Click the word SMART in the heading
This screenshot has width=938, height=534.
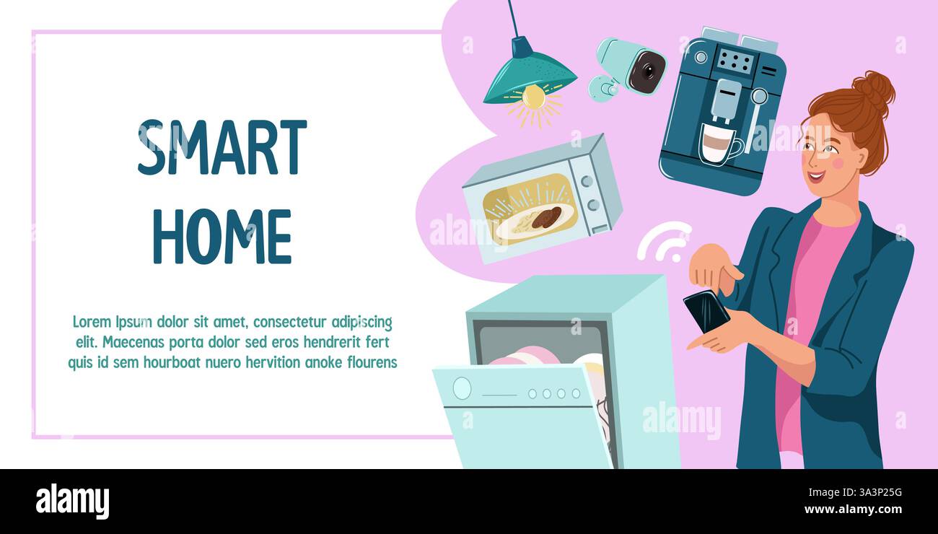(x=222, y=148)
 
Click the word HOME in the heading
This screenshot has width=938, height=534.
(x=222, y=237)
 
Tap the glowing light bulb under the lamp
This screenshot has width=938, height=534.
(x=533, y=97)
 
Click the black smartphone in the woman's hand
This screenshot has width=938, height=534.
(x=706, y=311)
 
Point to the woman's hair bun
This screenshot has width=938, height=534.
(x=876, y=89)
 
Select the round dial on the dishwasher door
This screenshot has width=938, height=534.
(x=462, y=388)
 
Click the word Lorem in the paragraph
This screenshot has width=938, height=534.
(x=92, y=322)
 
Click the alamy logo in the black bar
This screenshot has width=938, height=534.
(x=72, y=502)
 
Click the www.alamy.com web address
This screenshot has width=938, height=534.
(x=853, y=509)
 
